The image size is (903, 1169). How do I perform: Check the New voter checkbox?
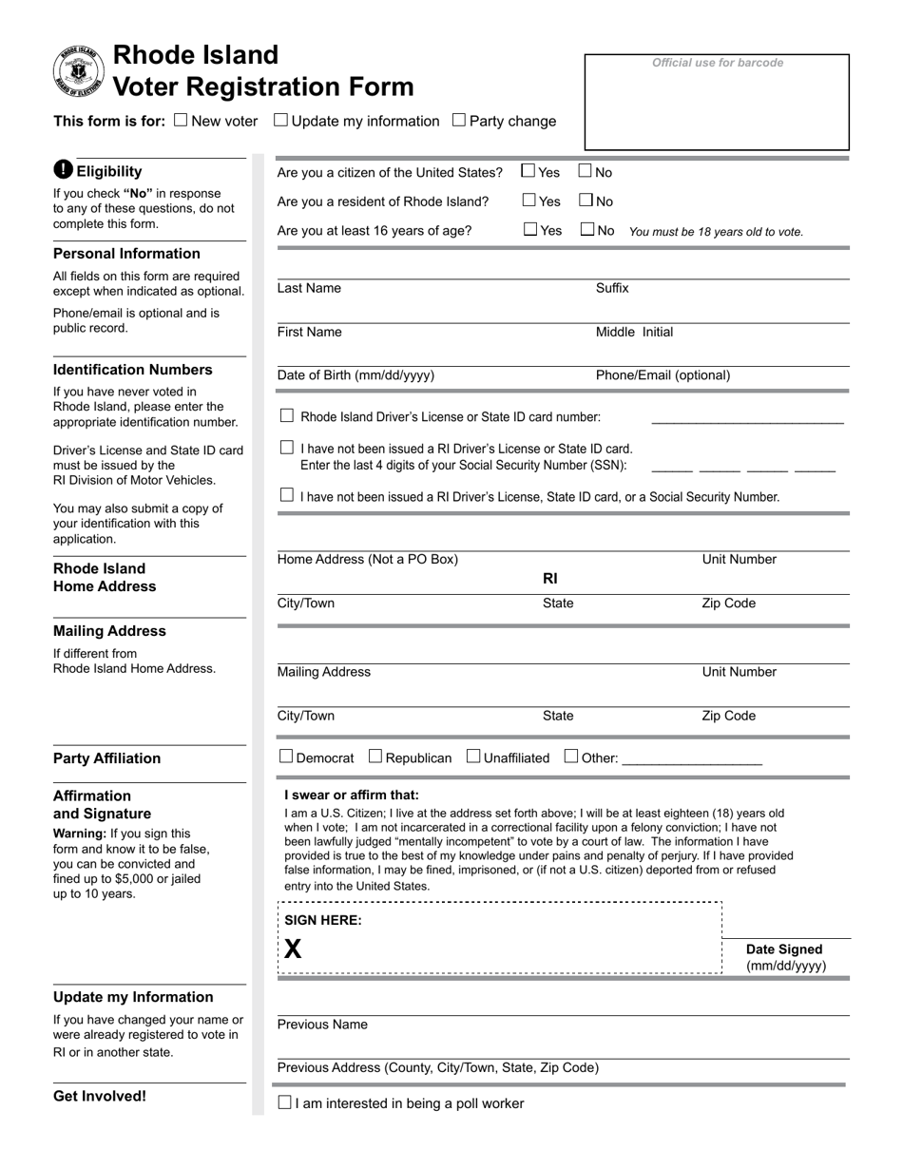pos(182,121)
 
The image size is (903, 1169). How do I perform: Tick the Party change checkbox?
pos(459,120)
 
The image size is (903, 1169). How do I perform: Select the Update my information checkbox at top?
pos(280,120)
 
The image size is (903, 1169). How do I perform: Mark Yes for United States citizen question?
pos(528,171)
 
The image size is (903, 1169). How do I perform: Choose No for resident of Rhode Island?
pos(586,201)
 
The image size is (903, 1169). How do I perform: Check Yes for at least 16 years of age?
pos(529,229)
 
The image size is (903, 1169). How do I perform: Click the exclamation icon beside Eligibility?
pos(63,170)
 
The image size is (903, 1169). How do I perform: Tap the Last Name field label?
pos(309,288)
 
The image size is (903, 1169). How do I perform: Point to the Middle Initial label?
pos(634,332)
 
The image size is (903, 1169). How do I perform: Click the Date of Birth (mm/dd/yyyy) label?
pos(355,375)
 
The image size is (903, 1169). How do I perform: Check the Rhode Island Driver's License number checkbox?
pos(287,415)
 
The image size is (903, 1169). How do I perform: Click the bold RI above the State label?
pos(550,578)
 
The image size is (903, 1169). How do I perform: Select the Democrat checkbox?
pos(286,757)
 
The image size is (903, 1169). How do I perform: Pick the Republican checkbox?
pos(375,757)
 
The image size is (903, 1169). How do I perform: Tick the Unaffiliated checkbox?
pos(473,757)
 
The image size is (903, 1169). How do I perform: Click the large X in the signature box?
pos(293,949)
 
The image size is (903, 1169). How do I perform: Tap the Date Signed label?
pos(784,949)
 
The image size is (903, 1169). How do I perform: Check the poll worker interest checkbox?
pos(284,1102)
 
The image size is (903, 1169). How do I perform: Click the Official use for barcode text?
pos(718,63)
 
